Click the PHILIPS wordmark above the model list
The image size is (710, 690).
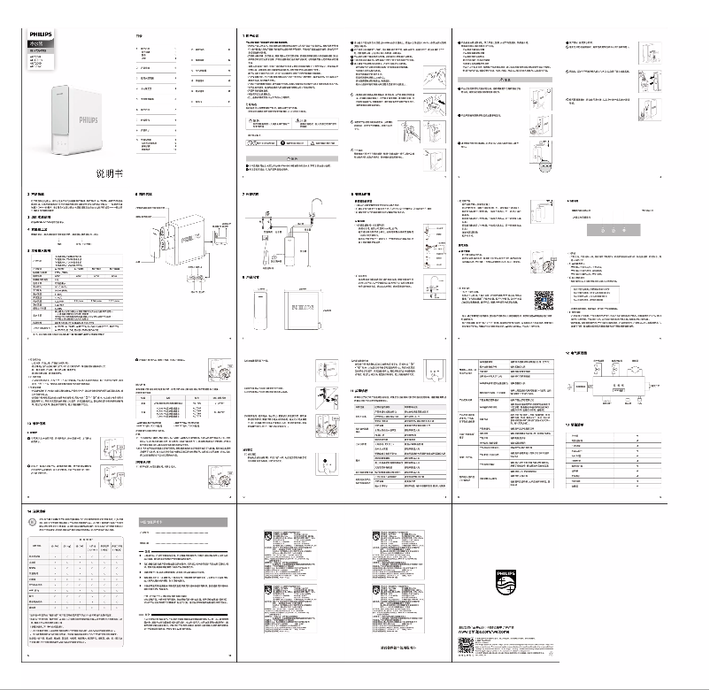(x=41, y=33)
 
